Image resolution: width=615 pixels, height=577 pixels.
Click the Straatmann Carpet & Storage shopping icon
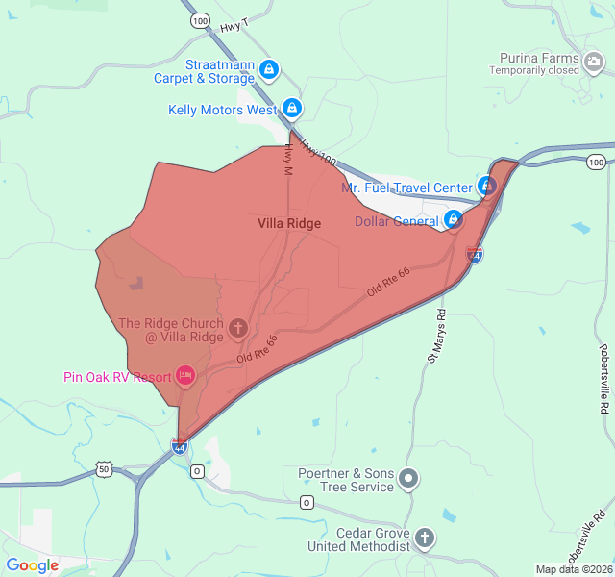270,70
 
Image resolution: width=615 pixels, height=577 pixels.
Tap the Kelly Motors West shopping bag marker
292,109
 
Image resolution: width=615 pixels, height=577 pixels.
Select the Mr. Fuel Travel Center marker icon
487,187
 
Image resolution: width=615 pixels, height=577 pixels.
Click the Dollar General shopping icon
453,221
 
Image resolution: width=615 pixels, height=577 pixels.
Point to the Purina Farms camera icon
594,63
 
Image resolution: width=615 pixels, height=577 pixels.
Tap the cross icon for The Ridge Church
238,330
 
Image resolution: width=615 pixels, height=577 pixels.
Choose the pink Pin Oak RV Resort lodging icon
185,376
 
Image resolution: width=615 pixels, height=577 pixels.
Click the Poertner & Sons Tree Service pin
409,478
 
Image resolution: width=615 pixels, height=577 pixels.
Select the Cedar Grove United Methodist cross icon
425,538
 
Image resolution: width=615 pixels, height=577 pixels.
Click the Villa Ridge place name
289,223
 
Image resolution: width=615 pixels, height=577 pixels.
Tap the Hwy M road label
286,158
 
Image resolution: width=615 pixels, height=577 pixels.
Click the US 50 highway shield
105,468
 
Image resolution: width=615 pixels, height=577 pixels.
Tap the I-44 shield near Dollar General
474,255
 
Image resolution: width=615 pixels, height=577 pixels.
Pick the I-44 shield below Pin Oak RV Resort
179,445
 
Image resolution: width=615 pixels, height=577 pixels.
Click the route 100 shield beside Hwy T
199,20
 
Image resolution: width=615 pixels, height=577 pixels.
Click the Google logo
32,565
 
